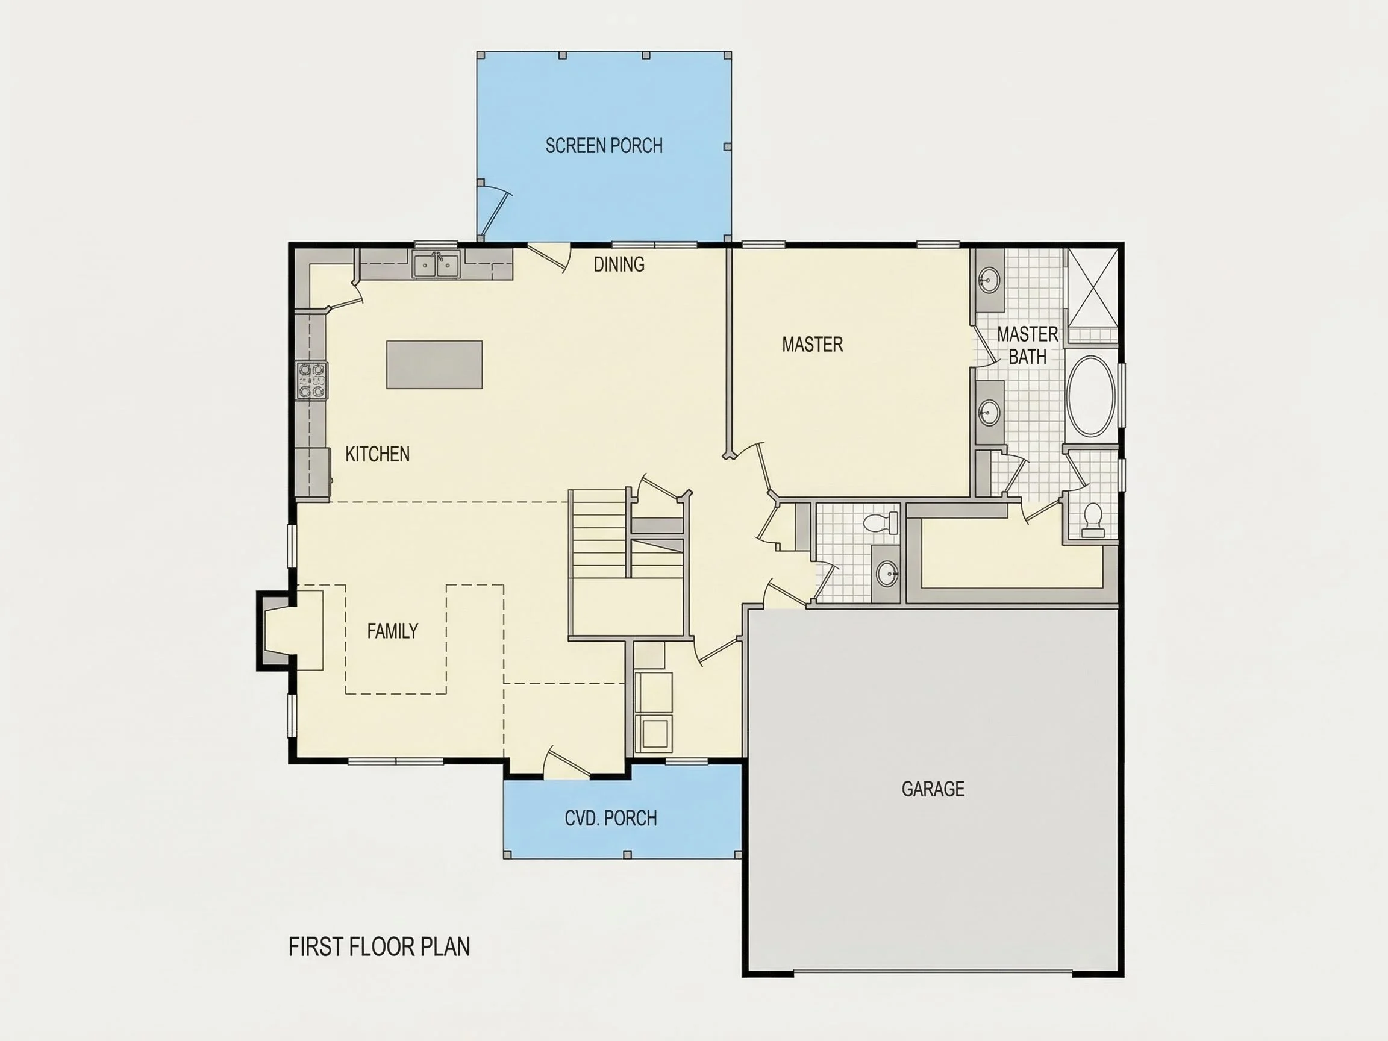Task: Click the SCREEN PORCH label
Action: tap(604, 146)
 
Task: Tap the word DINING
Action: tap(619, 264)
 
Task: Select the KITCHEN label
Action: tap(377, 454)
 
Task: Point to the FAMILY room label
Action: tap(392, 631)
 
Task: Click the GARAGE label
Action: tap(933, 789)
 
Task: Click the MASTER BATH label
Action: tap(1027, 345)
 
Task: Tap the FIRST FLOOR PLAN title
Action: tap(379, 947)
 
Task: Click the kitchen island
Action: tap(434, 364)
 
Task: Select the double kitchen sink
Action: tap(436, 264)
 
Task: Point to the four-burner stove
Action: tap(312, 380)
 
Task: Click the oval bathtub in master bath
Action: tap(1091, 396)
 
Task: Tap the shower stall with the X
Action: tap(1093, 288)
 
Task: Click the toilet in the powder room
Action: tap(881, 523)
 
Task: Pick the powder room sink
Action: tap(887, 574)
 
